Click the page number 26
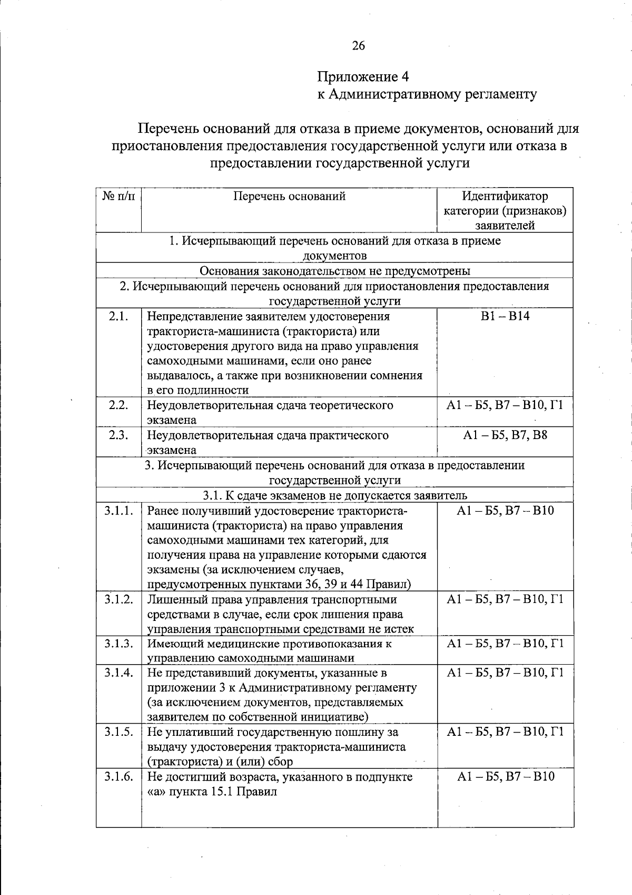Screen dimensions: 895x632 click(x=358, y=46)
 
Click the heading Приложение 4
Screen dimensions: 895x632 click(x=363, y=77)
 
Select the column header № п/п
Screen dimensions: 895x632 click(x=118, y=197)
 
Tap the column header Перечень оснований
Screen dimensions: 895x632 click(x=289, y=197)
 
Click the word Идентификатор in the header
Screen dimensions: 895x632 click(x=505, y=197)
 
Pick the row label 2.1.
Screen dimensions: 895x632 click(x=118, y=316)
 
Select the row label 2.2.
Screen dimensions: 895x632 click(x=118, y=405)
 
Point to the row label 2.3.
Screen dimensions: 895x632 click(x=118, y=435)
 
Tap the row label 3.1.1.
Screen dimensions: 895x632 click(x=118, y=511)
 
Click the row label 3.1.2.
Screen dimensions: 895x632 click(x=118, y=599)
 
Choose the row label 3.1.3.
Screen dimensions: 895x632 click(x=118, y=643)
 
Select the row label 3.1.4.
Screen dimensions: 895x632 click(x=118, y=673)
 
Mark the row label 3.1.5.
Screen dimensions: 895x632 click(x=118, y=732)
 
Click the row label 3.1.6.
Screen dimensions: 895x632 click(x=118, y=776)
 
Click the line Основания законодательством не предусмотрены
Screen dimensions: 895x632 click(x=335, y=271)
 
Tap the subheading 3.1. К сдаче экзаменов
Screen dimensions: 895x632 click(x=335, y=495)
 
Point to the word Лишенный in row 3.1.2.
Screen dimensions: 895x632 click(x=172, y=600)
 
